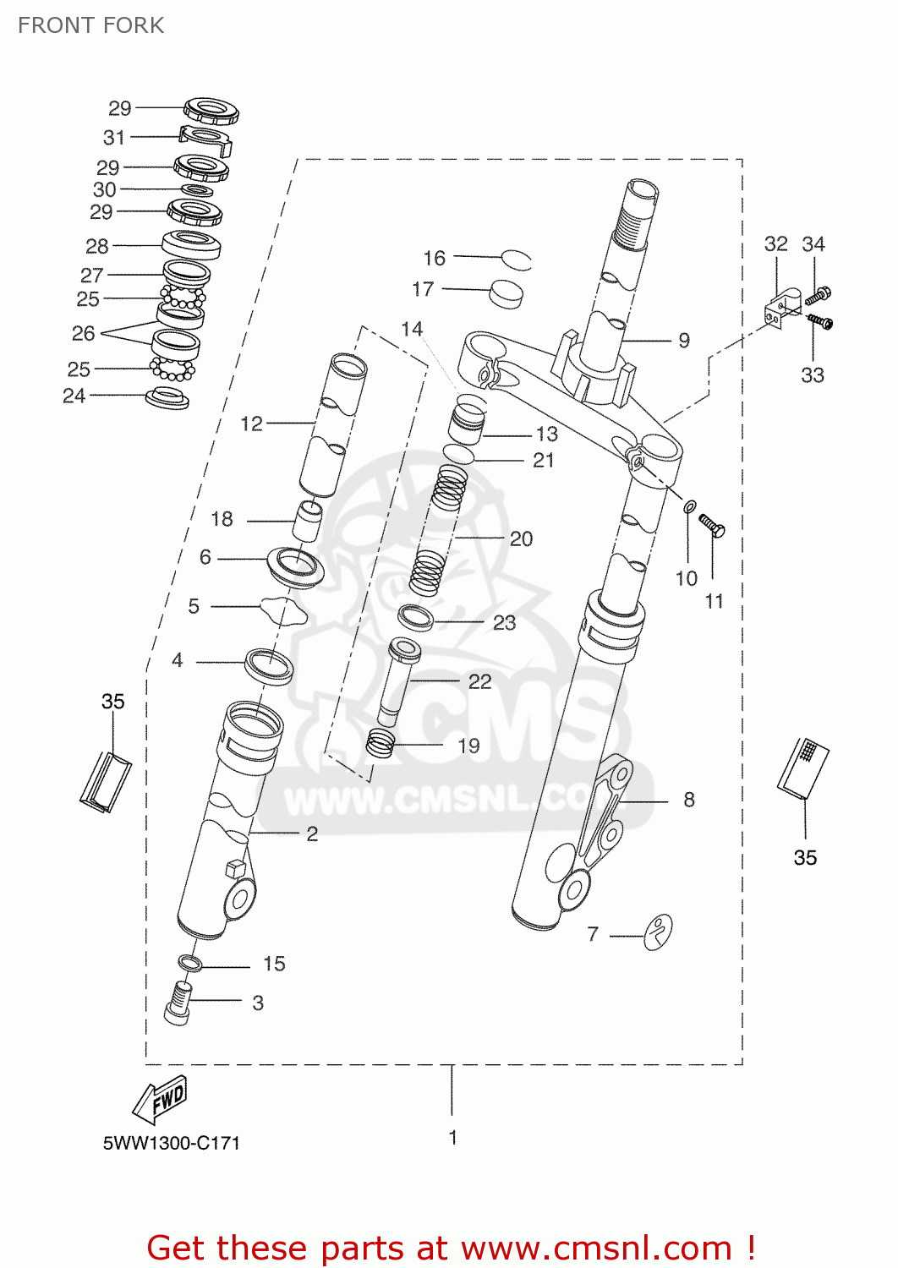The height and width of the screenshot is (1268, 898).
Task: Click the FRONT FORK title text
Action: tap(90, 25)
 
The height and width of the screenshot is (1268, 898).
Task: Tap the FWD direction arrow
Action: tap(161, 1099)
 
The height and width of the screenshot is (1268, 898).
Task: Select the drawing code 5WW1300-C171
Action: tap(172, 1143)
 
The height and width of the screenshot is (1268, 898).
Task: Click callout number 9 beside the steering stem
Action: tap(684, 341)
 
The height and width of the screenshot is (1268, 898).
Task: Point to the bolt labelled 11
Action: tap(712, 527)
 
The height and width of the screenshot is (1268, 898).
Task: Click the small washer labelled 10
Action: tap(690, 506)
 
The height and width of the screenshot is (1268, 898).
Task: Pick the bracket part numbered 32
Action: tap(782, 309)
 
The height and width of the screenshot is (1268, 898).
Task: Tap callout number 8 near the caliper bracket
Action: tap(689, 800)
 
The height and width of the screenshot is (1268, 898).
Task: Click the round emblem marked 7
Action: tap(658, 932)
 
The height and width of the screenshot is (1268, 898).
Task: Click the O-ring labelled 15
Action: tap(190, 964)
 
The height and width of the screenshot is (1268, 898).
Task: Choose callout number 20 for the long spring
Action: tap(521, 538)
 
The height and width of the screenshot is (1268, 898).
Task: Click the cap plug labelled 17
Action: tap(506, 293)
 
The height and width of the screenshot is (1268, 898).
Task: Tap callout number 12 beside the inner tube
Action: tap(252, 424)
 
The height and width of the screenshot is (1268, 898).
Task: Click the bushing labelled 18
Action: tap(308, 521)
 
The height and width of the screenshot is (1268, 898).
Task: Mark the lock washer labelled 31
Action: tap(206, 139)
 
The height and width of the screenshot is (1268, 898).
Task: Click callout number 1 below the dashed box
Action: tap(452, 1137)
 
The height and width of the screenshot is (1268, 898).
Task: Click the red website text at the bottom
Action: tap(451, 1248)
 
